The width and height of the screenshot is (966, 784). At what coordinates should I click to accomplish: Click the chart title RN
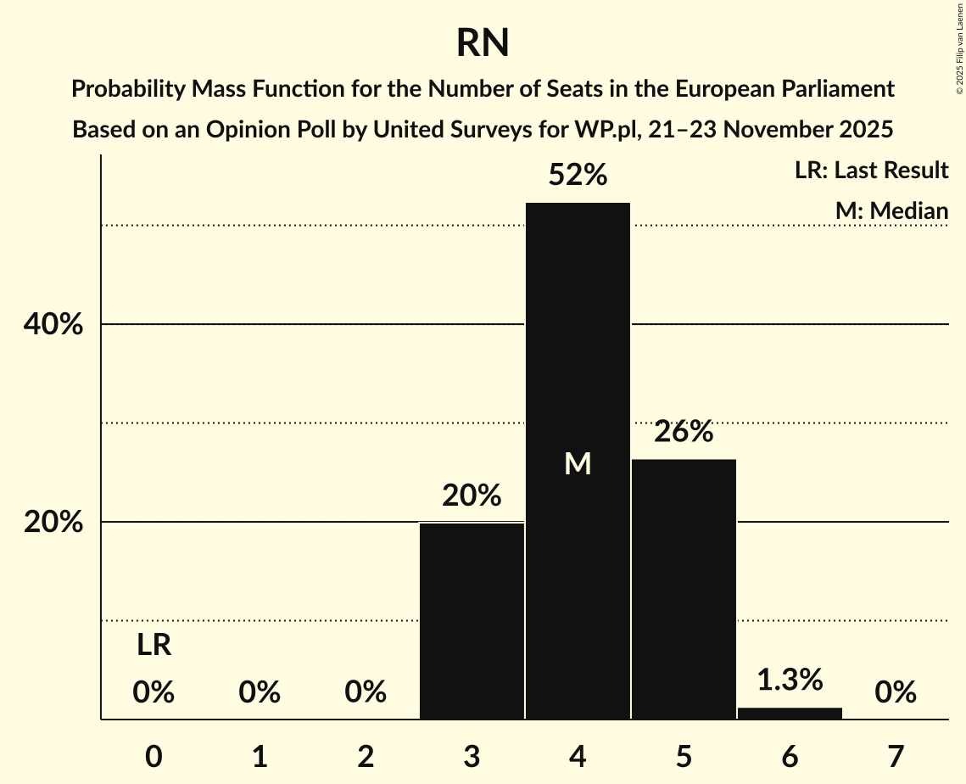pyautogui.click(x=483, y=42)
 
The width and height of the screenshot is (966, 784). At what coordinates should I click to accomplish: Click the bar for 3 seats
pyautogui.click(x=472, y=620)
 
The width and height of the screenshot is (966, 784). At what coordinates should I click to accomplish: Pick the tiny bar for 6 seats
pyautogui.click(x=790, y=714)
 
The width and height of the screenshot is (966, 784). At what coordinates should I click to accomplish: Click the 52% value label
pyautogui.click(x=578, y=176)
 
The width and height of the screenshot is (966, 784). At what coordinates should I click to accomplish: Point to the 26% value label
pyautogui.click(x=684, y=432)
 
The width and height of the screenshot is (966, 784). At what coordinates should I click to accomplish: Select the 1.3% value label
pyautogui.click(x=790, y=680)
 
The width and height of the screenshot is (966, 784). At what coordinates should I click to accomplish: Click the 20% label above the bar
pyautogui.click(x=472, y=496)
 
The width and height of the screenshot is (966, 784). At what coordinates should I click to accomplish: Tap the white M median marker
pyautogui.click(x=578, y=463)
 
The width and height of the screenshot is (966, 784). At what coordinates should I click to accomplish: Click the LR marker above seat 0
pyautogui.click(x=154, y=647)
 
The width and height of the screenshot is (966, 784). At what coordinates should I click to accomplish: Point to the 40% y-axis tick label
pyautogui.click(x=53, y=325)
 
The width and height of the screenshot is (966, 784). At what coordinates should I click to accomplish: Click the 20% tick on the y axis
pyautogui.click(x=53, y=523)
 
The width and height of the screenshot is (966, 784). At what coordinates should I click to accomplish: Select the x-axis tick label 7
pyautogui.click(x=896, y=756)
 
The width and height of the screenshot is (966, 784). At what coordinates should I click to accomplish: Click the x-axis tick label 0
pyautogui.click(x=154, y=756)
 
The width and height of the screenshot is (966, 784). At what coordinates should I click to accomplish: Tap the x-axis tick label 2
pyautogui.click(x=366, y=756)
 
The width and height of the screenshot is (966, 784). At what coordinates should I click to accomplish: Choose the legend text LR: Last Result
pyautogui.click(x=871, y=171)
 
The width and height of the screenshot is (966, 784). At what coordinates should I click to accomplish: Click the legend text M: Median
pyautogui.click(x=891, y=210)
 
